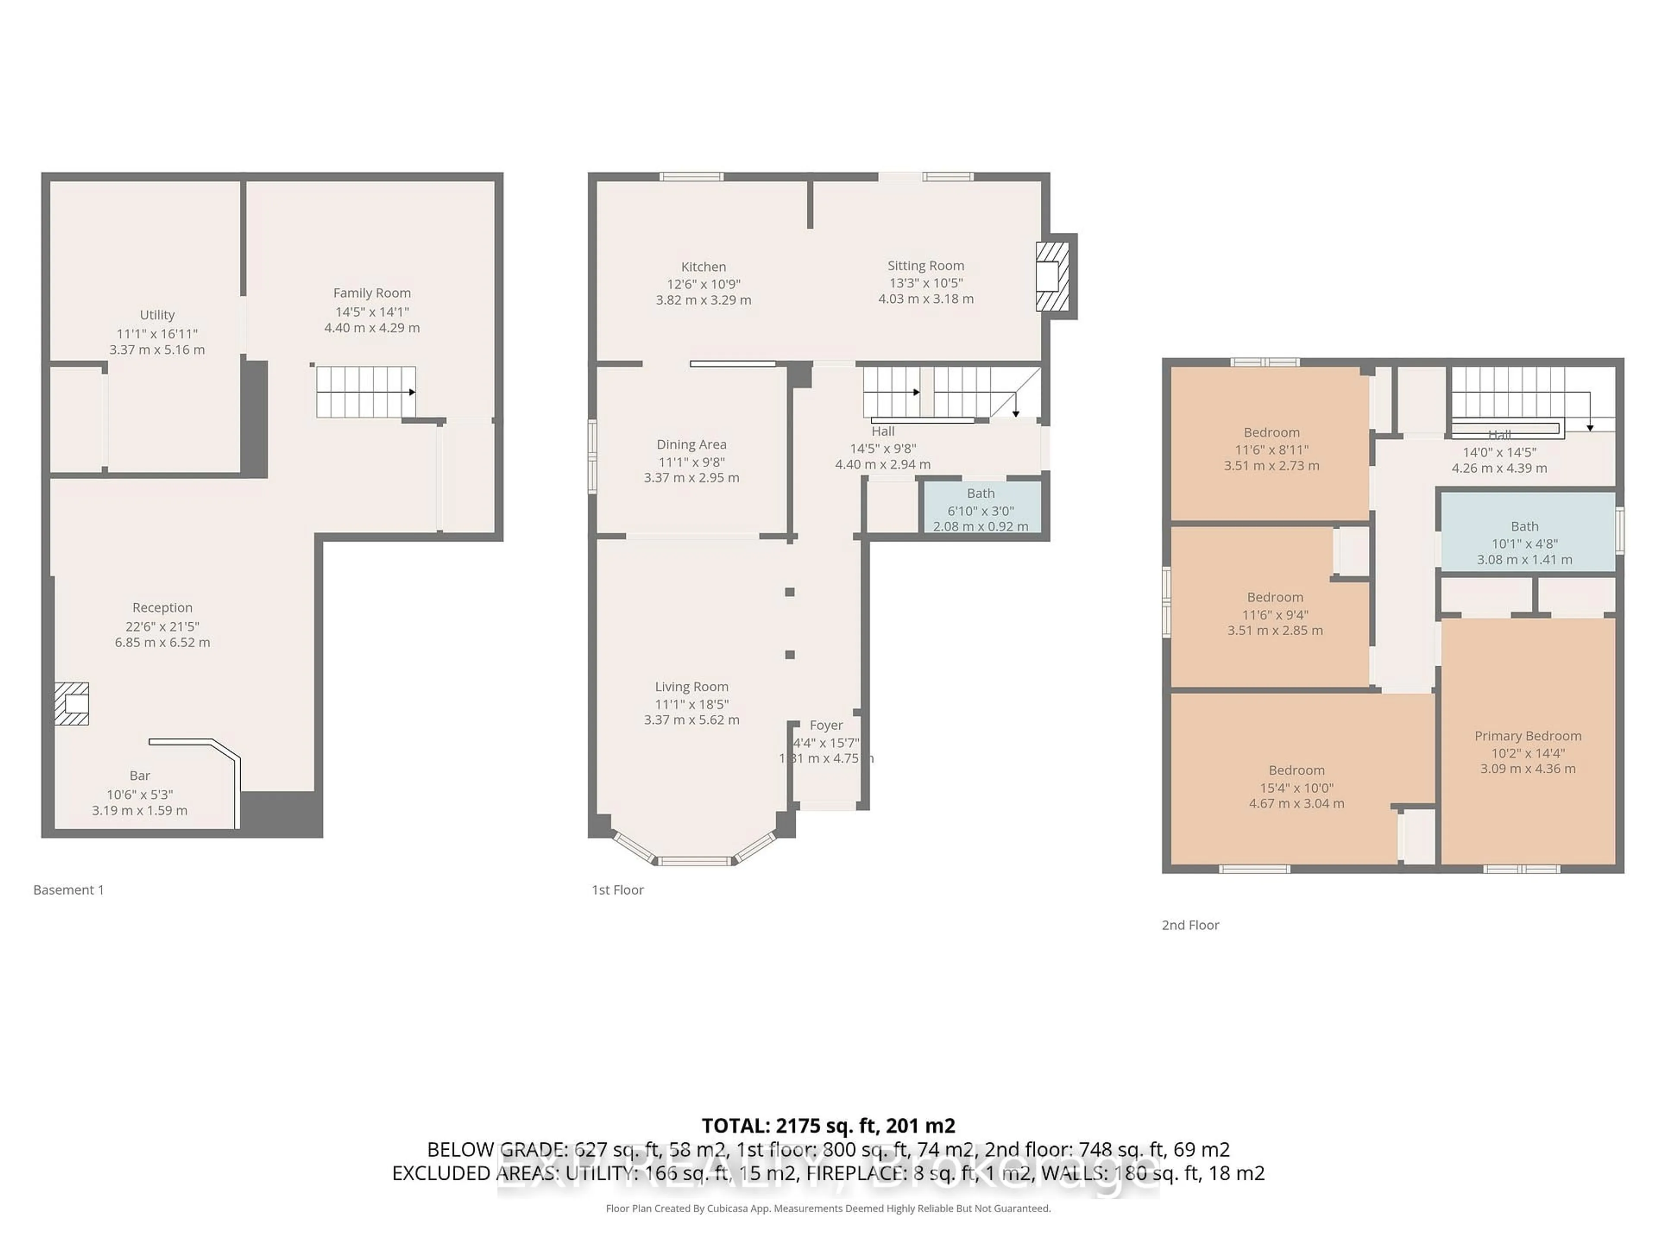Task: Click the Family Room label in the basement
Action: tap(372, 293)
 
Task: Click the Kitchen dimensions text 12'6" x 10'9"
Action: tap(703, 284)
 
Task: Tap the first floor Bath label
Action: tap(980, 493)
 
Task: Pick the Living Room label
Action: tap(691, 687)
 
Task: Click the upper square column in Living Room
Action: tap(790, 592)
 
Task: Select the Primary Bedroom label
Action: tap(1528, 736)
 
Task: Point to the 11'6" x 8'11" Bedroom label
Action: tap(1271, 433)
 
